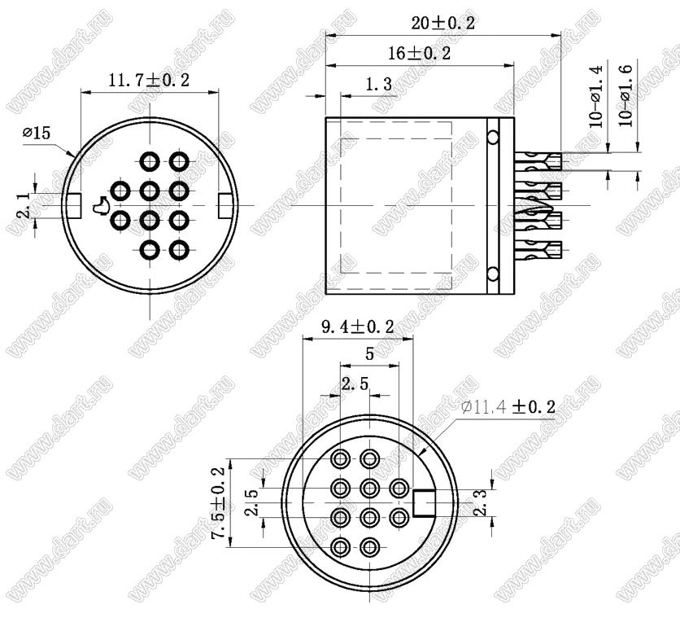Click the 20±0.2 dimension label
pyautogui.click(x=442, y=23)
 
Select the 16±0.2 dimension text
pyautogui.click(x=419, y=54)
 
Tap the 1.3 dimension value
pyautogui.click(x=378, y=84)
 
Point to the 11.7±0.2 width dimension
pyautogui.click(x=148, y=81)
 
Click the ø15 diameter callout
pyautogui.click(x=37, y=133)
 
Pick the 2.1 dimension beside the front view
pyautogui.click(x=24, y=205)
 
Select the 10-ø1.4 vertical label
pyautogui.click(x=596, y=96)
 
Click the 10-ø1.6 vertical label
pyautogui.click(x=626, y=94)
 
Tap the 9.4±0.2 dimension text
pyautogui.click(x=357, y=327)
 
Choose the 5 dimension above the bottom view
pyautogui.click(x=369, y=354)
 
